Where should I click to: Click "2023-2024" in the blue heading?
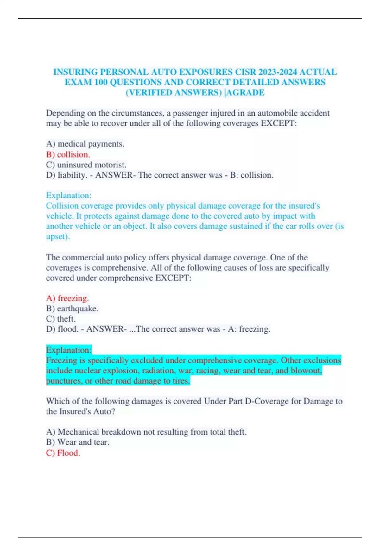(x=277, y=72)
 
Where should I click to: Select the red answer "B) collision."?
(x=68, y=154)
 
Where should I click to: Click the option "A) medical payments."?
(x=85, y=144)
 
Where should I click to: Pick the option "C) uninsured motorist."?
(x=86, y=165)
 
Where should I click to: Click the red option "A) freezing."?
(x=67, y=298)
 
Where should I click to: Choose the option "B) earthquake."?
(x=72, y=309)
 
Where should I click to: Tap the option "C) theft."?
(x=61, y=319)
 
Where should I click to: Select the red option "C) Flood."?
(x=63, y=453)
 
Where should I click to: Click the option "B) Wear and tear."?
(x=78, y=442)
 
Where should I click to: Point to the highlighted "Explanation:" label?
(x=69, y=350)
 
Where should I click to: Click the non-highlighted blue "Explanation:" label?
(x=69, y=195)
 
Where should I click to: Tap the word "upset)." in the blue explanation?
(x=58, y=236)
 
